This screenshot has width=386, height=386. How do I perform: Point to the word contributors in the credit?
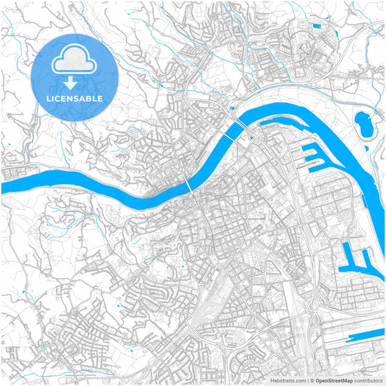[x=367, y=379]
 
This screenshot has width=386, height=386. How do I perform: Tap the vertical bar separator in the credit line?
[x=307, y=379]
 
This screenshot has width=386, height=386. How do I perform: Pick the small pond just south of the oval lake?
[x=366, y=149]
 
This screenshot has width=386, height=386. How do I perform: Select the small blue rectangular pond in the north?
[x=316, y=28]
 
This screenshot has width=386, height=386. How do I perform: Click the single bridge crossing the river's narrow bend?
[x=190, y=185]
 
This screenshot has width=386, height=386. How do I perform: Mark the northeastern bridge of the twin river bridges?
[x=248, y=130]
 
